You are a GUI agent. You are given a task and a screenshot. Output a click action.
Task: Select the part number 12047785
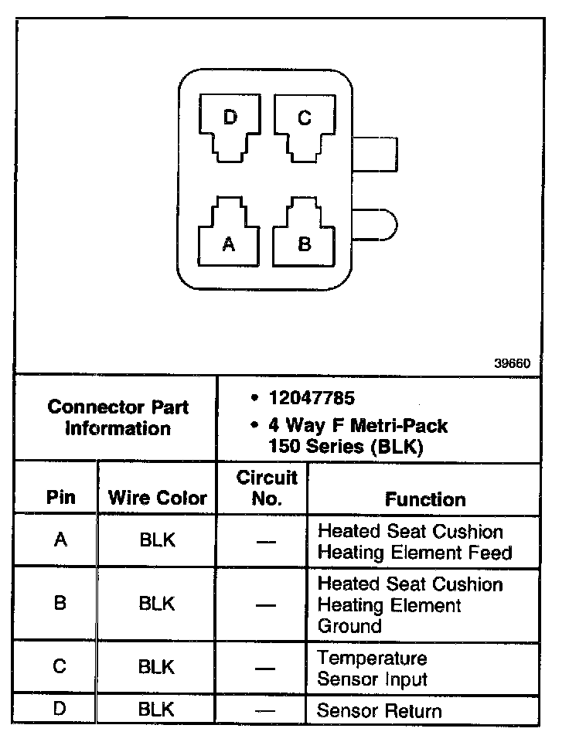[312, 399]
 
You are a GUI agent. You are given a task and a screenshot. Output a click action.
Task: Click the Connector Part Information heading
[118, 417]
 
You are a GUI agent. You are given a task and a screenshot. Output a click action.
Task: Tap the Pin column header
[61, 497]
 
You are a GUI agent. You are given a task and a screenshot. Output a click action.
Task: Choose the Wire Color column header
[158, 498]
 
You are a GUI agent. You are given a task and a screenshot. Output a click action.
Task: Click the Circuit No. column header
[266, 488]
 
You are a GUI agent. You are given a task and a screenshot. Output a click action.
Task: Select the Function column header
[425, 499]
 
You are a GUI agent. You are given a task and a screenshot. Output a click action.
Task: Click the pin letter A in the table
[60, 540]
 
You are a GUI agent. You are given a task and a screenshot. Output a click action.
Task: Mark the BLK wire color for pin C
[157, 666]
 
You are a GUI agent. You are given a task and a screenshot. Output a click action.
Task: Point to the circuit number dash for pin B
[266, 604]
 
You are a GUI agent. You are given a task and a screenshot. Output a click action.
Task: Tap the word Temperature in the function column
[372, 659]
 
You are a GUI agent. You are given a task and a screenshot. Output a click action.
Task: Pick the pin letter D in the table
[60, 709]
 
